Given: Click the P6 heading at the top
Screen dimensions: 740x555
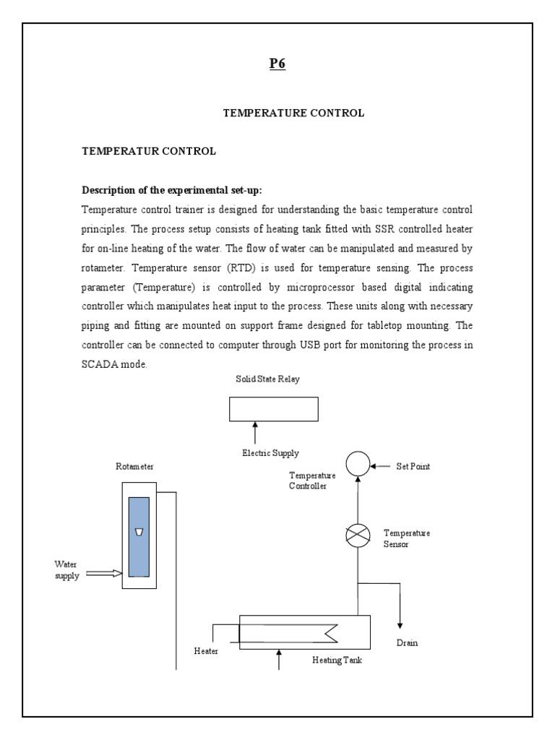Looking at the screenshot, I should tap(277, 63).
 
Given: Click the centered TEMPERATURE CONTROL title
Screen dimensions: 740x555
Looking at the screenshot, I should tap(293, 113).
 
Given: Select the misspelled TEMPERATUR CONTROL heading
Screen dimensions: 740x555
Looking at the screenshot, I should tap(148, 152).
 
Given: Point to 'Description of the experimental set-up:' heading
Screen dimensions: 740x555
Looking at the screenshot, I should tap(172, 190).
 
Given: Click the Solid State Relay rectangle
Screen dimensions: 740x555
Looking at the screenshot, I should tap(273, 409).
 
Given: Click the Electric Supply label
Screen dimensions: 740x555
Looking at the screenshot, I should tap(270, 453).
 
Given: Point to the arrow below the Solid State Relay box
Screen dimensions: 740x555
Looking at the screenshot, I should tap(254, 434).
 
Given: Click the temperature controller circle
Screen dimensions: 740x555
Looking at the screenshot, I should tap(357, 464).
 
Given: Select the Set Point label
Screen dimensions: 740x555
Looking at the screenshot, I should tap(413, 466).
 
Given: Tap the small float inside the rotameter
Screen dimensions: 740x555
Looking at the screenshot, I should tap(139, 533).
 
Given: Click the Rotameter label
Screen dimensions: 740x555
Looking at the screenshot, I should tap(134, 468).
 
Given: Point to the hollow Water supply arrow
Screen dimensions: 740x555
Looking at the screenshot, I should tap(104, 574).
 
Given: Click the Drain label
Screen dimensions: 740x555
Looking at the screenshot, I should tap(407, 642).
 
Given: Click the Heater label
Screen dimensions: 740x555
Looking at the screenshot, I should tap(206, 651).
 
